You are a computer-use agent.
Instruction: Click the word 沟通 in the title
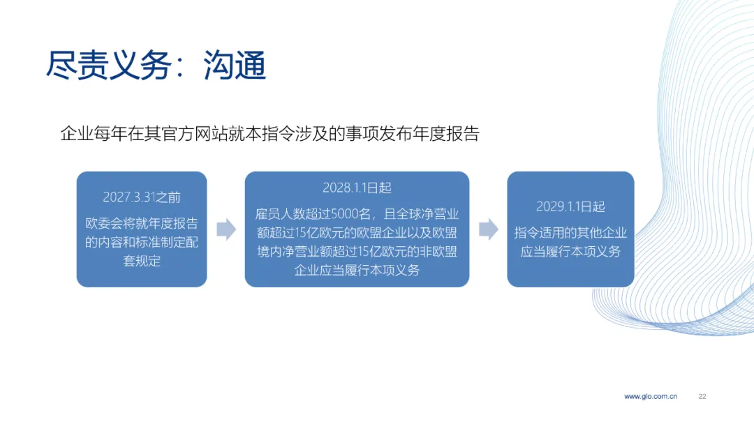235,65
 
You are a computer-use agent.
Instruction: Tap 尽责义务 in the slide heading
109,65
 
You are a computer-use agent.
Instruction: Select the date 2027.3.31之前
142,197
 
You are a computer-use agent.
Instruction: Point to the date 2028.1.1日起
357,188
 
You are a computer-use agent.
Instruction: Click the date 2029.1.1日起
571,206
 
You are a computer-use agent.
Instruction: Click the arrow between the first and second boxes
226,229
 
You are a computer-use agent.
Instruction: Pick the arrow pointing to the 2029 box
489,229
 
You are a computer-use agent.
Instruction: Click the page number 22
702,397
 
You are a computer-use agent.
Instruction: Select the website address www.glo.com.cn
651,397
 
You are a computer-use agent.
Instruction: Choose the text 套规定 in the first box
142,261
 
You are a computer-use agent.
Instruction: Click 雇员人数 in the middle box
280,213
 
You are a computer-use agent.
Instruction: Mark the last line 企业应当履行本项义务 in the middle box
357,270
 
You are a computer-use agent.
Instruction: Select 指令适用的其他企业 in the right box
571,233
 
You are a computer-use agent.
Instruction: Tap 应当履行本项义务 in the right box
571,252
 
